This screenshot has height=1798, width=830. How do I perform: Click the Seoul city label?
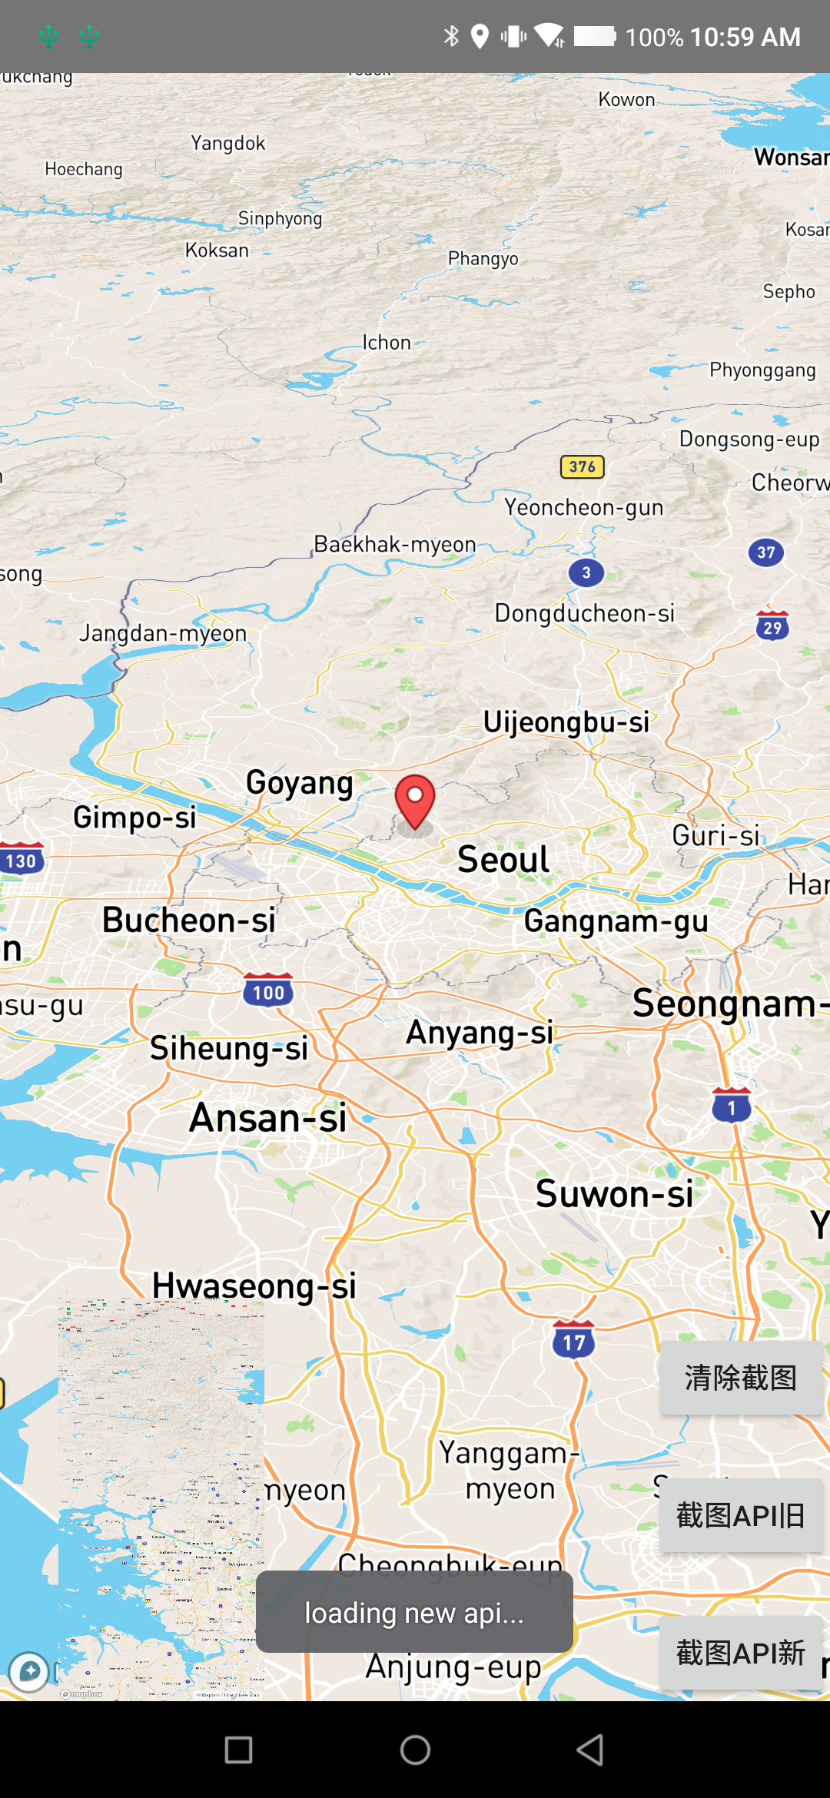click(x=503, y=859)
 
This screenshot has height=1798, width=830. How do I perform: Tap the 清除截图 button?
click(x=741, y=1378)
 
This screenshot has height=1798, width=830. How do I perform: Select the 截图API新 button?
click(x=741, y=1653)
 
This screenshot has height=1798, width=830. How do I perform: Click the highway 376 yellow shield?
click(x=583, y=466)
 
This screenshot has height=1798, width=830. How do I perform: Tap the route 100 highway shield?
click(x=268, y=991)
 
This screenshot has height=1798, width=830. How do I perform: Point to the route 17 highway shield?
click(x=574, y=1341)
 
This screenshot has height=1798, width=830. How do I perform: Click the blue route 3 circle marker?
click(x=586, y=572)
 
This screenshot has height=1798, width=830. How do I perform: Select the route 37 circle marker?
click(x=766, y=552)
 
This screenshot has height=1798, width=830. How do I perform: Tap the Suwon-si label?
click(x=614, y=1194)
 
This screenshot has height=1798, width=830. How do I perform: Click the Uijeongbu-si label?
click(x=566, y=722)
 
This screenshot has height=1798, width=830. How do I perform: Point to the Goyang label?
click(x=300, y=783)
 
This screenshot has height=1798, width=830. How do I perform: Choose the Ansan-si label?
click(x=268, y=1118)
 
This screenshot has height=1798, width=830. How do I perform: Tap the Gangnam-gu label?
click(x=616, y=921)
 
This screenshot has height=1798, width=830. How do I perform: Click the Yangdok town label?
click(x=228, y=143)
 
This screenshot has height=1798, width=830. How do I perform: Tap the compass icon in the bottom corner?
click(x=29, y=1671)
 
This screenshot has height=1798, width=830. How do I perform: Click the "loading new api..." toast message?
click(x=414, y=1613)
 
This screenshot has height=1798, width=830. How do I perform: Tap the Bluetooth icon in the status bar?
click(x=451, y=36)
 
